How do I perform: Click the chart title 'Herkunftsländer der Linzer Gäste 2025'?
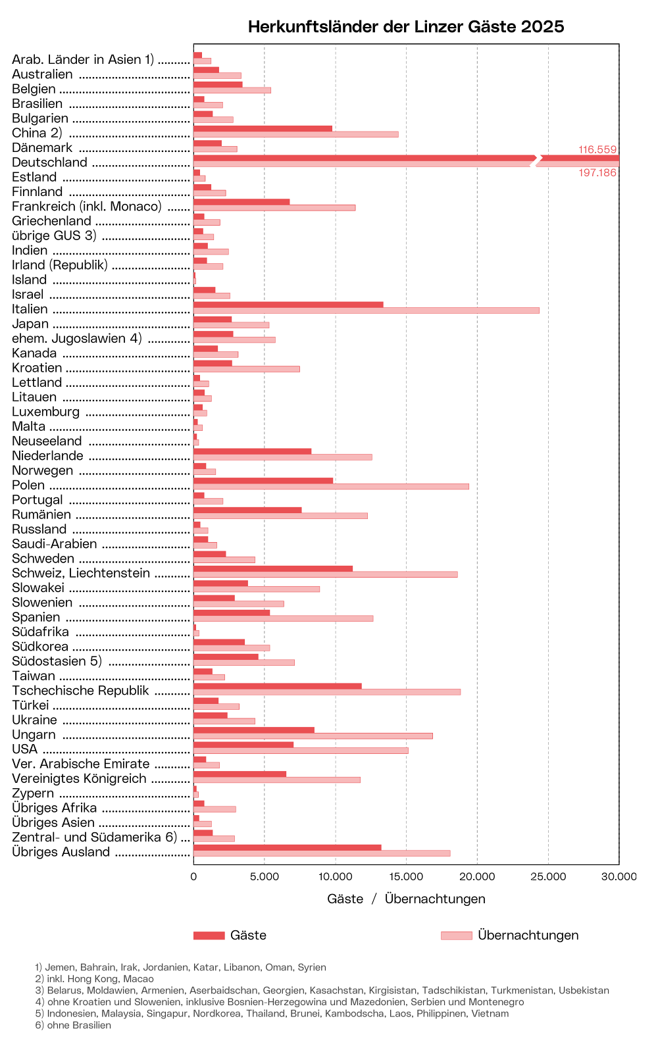click(x=406, y=26)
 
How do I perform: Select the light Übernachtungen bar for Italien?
click(x=366, y=311)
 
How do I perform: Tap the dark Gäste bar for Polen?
click(x=263, y=481)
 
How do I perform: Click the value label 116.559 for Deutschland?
click(x=597, y=149)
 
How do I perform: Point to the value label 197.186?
click(x=597, y=172)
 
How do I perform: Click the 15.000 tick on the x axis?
click(x=406, y=876)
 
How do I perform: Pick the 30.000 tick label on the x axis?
click(x=619, y=876)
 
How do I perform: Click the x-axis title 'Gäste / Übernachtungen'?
click(x=406, y=899)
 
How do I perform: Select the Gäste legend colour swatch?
click(x=209, y=935)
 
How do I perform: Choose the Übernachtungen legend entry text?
click(x=528, y=935)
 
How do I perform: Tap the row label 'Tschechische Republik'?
click(x=80, y=691)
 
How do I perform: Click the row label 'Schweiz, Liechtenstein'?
click(x=81, y=573)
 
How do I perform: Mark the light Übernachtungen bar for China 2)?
click(x=295, y=134)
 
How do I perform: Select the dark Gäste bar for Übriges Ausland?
click(x=287, y=847)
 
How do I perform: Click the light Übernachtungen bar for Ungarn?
click(x=313, y=735)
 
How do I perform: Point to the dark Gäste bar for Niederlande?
click(x=252, y=451)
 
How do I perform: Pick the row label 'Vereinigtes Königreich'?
click(x=79, y=779)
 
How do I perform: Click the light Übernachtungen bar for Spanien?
click(x=283, y=618)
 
